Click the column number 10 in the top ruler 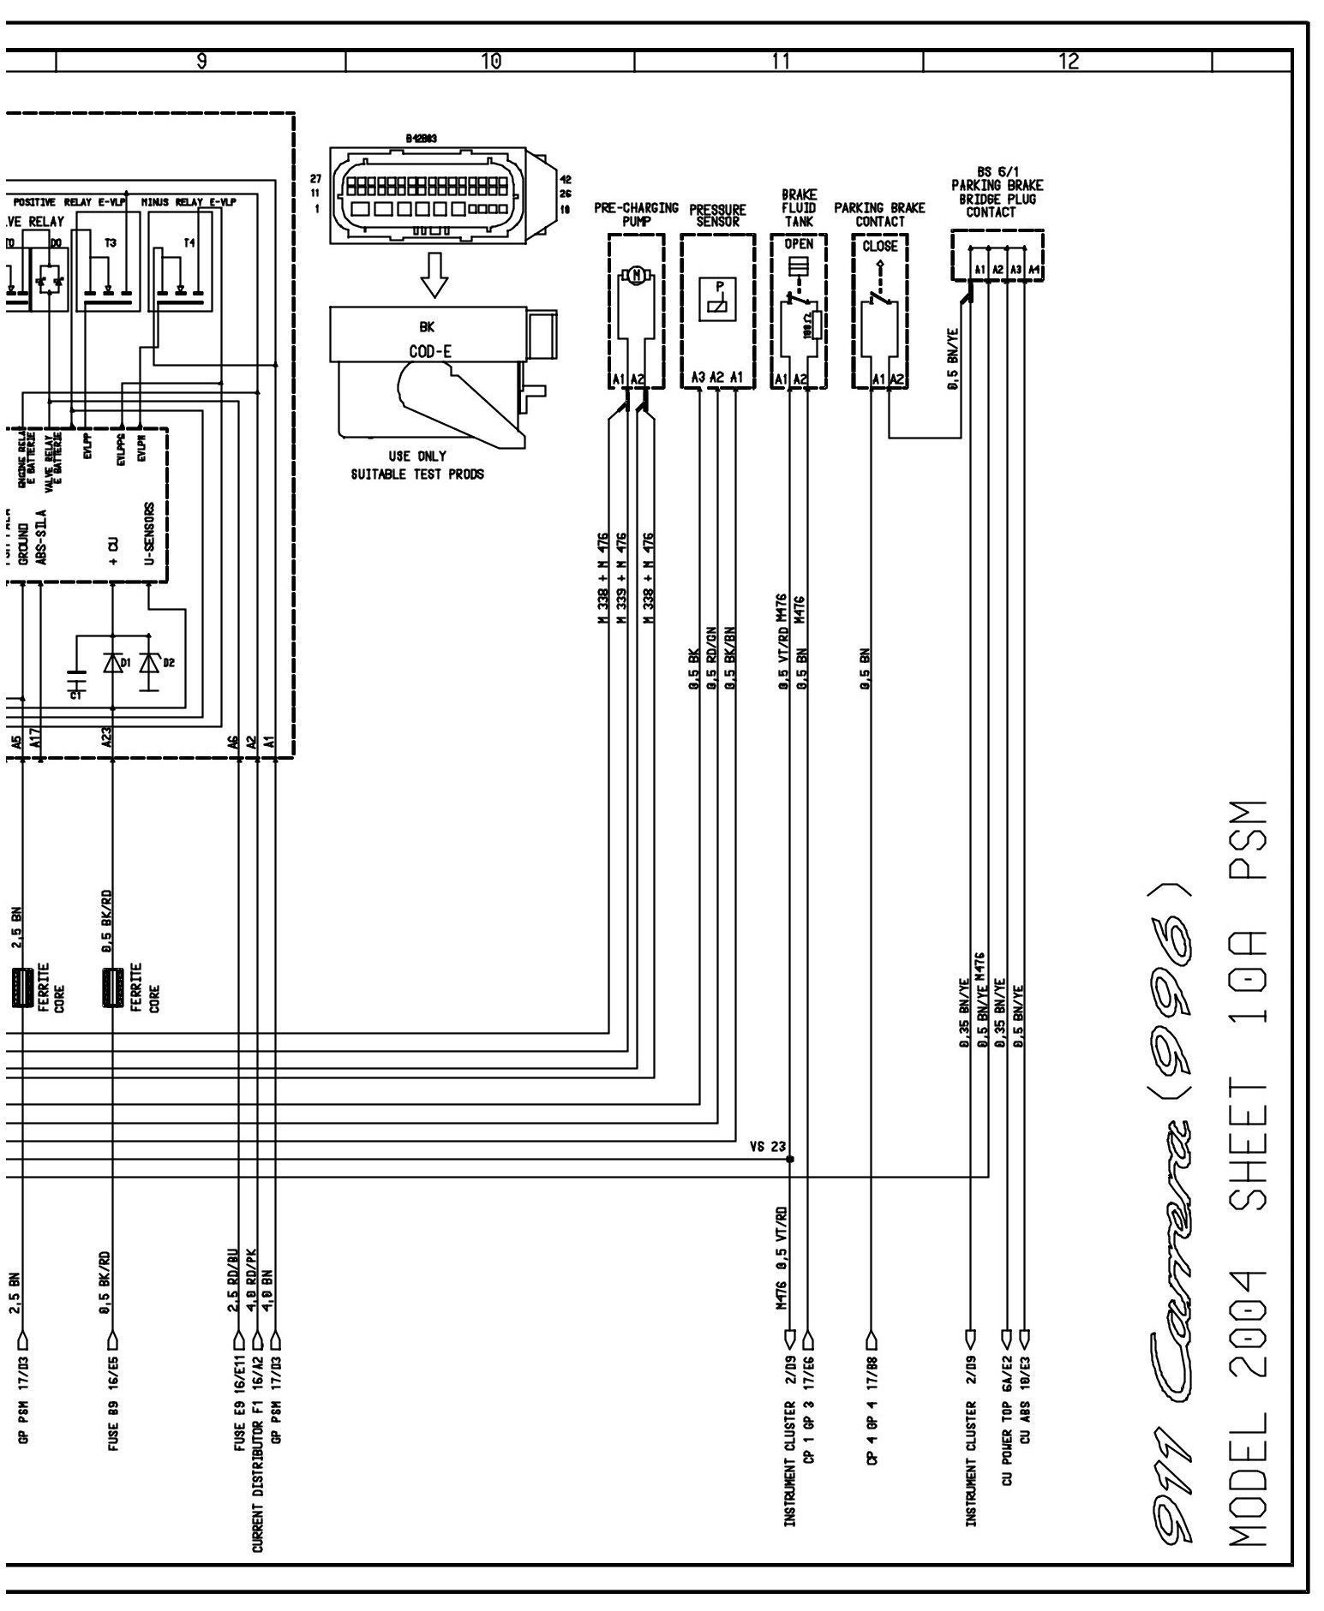[x=491, y=62]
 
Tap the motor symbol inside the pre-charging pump [x=636, y=275]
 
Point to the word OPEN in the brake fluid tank [x=799, y=244]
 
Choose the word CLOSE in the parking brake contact [x=879, y=246]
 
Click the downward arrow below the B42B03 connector [x=434, y=274]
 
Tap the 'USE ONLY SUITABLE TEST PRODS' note [x=417, y=465]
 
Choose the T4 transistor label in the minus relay [x=189, y=243]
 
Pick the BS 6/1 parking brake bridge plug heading [x=997, y=193]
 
